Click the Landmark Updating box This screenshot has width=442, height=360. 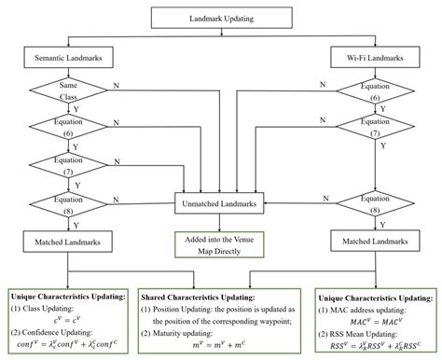pyautogui.click(x=221, y=18)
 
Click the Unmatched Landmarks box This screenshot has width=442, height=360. pyautogui.click(x=221, y=201)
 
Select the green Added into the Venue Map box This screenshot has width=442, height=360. pyautogui.click(x=221, y=242)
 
